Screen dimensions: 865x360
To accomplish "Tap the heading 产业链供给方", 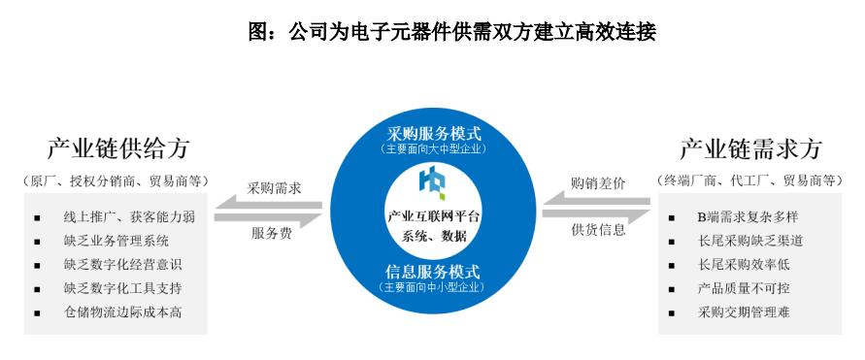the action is (117, 148).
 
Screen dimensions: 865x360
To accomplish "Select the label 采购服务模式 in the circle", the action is (433, 133).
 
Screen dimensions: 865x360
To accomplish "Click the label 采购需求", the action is (274, 188).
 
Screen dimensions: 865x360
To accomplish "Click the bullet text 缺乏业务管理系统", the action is (117, 240).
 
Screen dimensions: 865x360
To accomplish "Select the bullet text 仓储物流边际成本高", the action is (124, 312).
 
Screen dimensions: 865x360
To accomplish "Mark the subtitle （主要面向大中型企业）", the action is (433, 148).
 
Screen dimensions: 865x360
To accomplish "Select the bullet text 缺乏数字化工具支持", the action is (124, 288).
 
